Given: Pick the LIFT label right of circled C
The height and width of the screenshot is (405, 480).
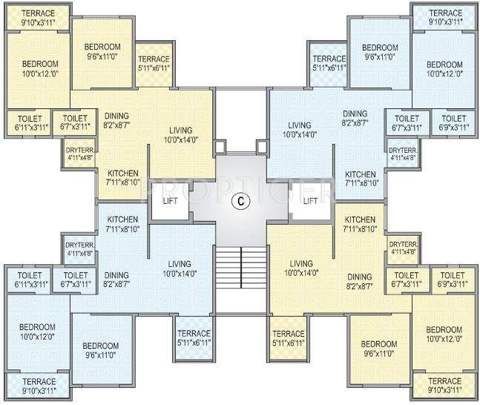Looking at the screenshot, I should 310,200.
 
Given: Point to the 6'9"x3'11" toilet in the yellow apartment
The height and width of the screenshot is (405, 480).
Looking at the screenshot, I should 453,279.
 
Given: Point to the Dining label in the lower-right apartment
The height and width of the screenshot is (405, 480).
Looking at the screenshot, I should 361,281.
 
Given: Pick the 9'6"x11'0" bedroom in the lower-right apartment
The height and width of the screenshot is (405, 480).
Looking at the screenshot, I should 378,349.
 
